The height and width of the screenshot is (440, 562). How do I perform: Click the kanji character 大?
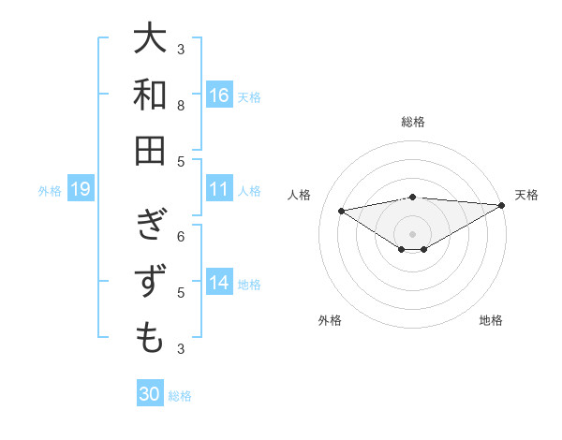[x=150, y=39]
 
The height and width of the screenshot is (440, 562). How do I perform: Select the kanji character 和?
[x=150, y=95]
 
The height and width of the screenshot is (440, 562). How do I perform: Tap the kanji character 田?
[x=150, y=150]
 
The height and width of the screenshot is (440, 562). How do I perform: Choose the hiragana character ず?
[x=150, y=282]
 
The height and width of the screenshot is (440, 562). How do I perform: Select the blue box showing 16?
[x=219, y=95]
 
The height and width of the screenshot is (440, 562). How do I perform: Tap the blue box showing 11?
[x=219, y=189]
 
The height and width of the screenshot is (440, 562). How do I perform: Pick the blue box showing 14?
[x=219, y=283]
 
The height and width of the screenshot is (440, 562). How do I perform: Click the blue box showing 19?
[x=80, y=190]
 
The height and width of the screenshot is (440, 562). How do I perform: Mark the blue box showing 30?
[x=149, y=394]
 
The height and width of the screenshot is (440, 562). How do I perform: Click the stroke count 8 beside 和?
[x=181, y=106]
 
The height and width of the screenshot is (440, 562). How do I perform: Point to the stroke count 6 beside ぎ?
[x=181, y=236]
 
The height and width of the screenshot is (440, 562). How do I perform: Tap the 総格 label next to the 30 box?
[x=181, y=396]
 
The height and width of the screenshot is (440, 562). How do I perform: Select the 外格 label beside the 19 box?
[x=50, y=191]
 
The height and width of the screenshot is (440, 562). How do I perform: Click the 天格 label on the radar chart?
[x=526, y=195]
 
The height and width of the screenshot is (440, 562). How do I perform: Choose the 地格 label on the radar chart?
[x=491, y=320]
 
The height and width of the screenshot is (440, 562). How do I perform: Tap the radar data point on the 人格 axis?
[x=341, y=210]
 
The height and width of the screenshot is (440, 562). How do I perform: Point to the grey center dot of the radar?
[x=412, y=233]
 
